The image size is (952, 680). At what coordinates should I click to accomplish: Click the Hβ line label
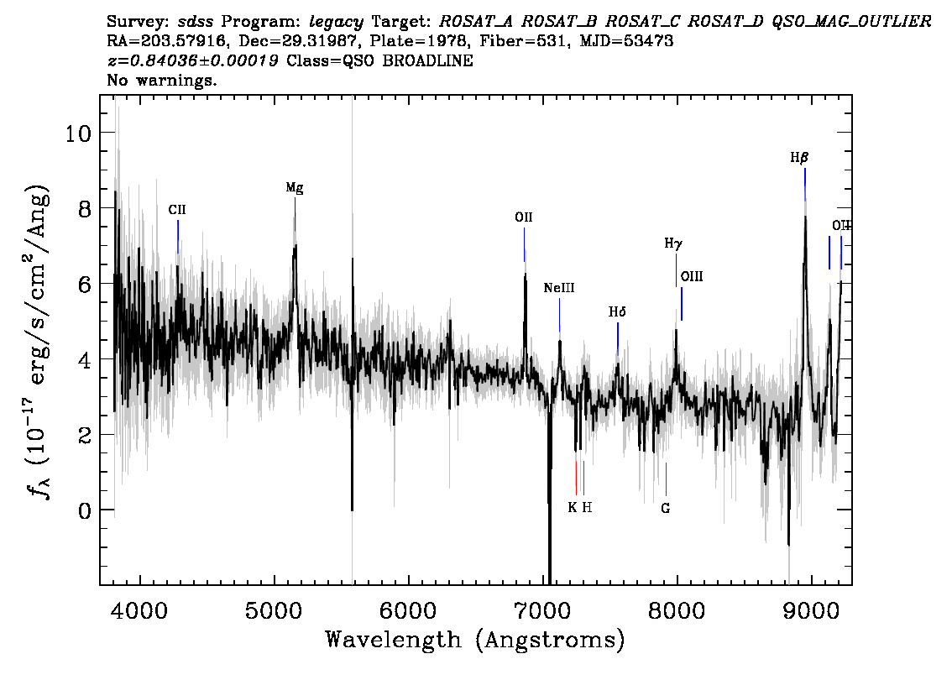coord(799,158)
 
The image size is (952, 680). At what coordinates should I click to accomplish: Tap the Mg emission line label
coord(295,187)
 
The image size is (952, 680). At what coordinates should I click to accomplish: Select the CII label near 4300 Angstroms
coord(177,210)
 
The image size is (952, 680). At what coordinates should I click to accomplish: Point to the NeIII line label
coord(558,288)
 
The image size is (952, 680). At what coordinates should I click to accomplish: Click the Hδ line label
coord(617,312)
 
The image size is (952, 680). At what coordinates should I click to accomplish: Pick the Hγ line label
coord(673,244)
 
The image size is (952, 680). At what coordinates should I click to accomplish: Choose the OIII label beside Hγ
coord(692,277)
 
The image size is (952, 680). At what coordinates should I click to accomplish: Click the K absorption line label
coord(573,508)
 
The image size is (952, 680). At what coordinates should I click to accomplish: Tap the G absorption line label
coord(666,508)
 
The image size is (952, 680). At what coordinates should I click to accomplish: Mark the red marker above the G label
coord(666,479)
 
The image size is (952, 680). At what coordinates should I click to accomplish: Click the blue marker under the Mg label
coord(295,214)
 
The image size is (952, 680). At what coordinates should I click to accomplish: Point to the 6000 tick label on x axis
coord(408,610)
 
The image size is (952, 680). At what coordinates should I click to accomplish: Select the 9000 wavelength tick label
coord(810,610)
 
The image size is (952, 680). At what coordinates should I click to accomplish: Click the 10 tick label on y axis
coord(78,133)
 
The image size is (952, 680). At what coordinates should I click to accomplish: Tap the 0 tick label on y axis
coord(85,510)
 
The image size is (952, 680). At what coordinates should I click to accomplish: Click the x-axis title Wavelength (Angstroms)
coord(475,640)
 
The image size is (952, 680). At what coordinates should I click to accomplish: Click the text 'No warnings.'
coord(162,80)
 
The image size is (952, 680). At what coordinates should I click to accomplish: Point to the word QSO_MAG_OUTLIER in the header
coord(851,22)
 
